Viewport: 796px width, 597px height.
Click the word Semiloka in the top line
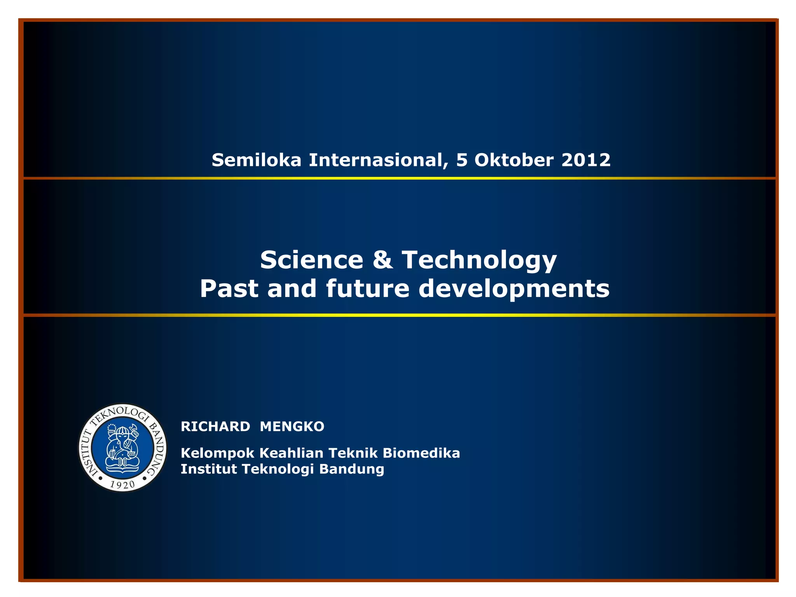tap(256, 160)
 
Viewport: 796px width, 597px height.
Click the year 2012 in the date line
tap(586, 160)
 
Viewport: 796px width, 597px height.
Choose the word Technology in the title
tap(479, 260)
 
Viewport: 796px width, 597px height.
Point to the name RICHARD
tap(215, 426)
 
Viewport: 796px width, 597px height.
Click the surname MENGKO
tap(292, 426)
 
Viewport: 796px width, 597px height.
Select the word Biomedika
tap(421, 453)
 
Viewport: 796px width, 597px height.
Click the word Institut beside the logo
tap(209, 469)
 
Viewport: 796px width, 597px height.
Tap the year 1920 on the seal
tap(122, 484)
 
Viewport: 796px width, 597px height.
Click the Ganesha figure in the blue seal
tap(123, 447)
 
